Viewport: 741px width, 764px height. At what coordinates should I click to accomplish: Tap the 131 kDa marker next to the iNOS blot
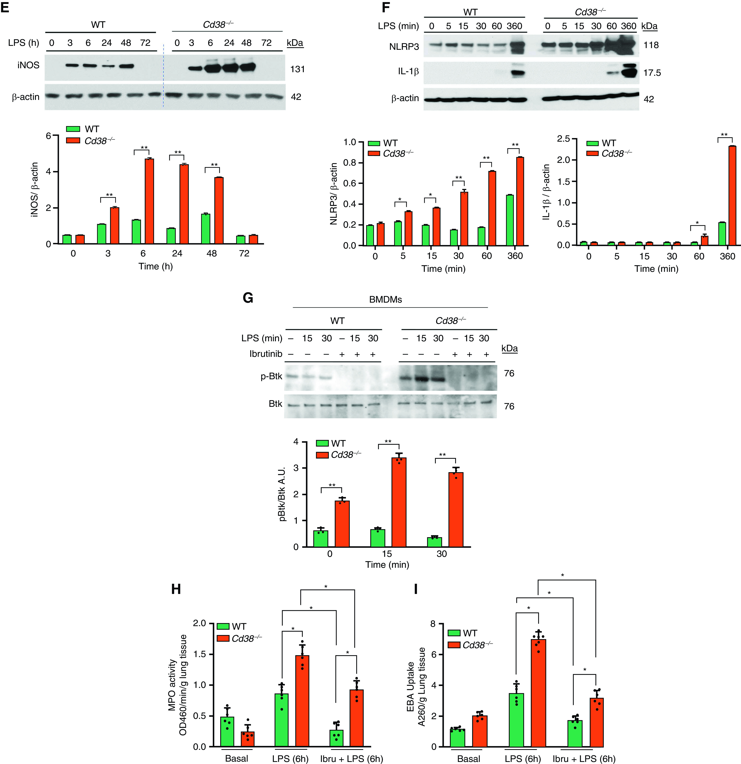297,69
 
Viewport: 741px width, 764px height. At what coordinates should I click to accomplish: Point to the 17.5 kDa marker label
652,73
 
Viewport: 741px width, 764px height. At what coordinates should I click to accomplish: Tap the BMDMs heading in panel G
385,299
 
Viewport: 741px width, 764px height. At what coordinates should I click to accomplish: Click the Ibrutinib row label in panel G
266,354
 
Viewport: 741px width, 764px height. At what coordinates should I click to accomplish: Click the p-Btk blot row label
271,377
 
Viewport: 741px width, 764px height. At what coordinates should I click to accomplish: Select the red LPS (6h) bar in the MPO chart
302,701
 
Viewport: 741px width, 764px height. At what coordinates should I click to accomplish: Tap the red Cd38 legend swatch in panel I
454,645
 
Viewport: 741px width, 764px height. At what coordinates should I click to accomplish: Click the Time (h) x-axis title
156,266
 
